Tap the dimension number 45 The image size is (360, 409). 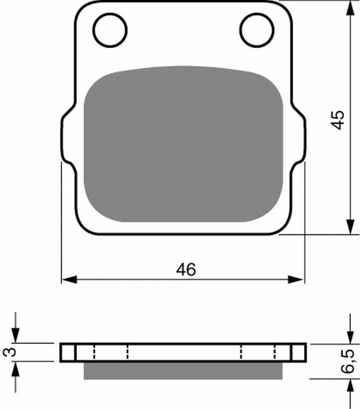338,120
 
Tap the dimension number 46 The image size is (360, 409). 186,270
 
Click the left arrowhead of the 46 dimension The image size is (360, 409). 70,279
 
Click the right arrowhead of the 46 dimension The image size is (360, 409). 295,279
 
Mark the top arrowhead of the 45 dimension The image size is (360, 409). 350,8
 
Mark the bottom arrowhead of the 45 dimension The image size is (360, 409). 350,227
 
